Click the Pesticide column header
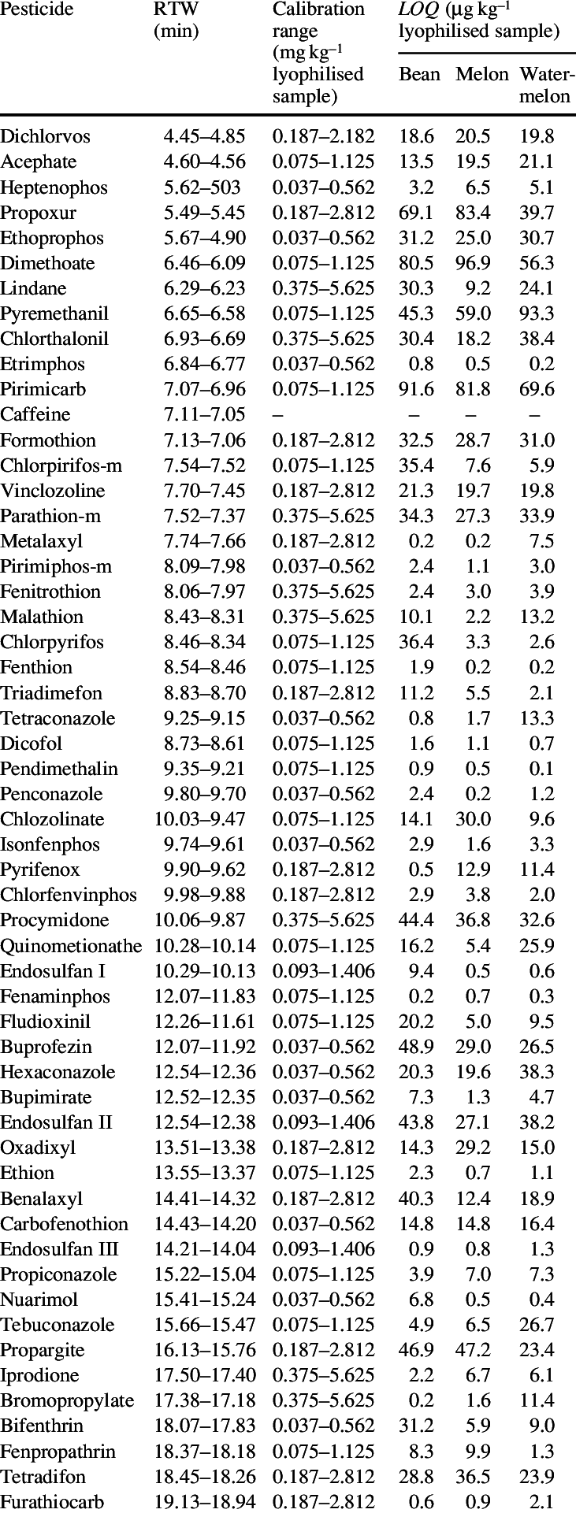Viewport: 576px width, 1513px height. pyautogui.click(x=37, y=10)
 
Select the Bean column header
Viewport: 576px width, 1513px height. pyautogui.click(x=419, y=74)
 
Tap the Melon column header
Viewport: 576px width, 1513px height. pyautogui.click(x=481, y=74)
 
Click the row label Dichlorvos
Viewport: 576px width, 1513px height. pyautogui.click(x=46, y=136)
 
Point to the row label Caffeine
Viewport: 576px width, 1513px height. pyautogui.click(x=35, y=414)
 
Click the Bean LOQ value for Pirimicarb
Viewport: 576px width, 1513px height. pyautogui.click(x=416, y=389)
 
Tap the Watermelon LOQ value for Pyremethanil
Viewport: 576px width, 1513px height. pyautogui.click(x=537, y=313)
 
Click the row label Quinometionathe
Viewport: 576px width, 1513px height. pyautogui.click(x=71, y=946)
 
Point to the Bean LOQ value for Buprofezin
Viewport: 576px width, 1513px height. pyautogui.click(x=416, y=1047)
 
